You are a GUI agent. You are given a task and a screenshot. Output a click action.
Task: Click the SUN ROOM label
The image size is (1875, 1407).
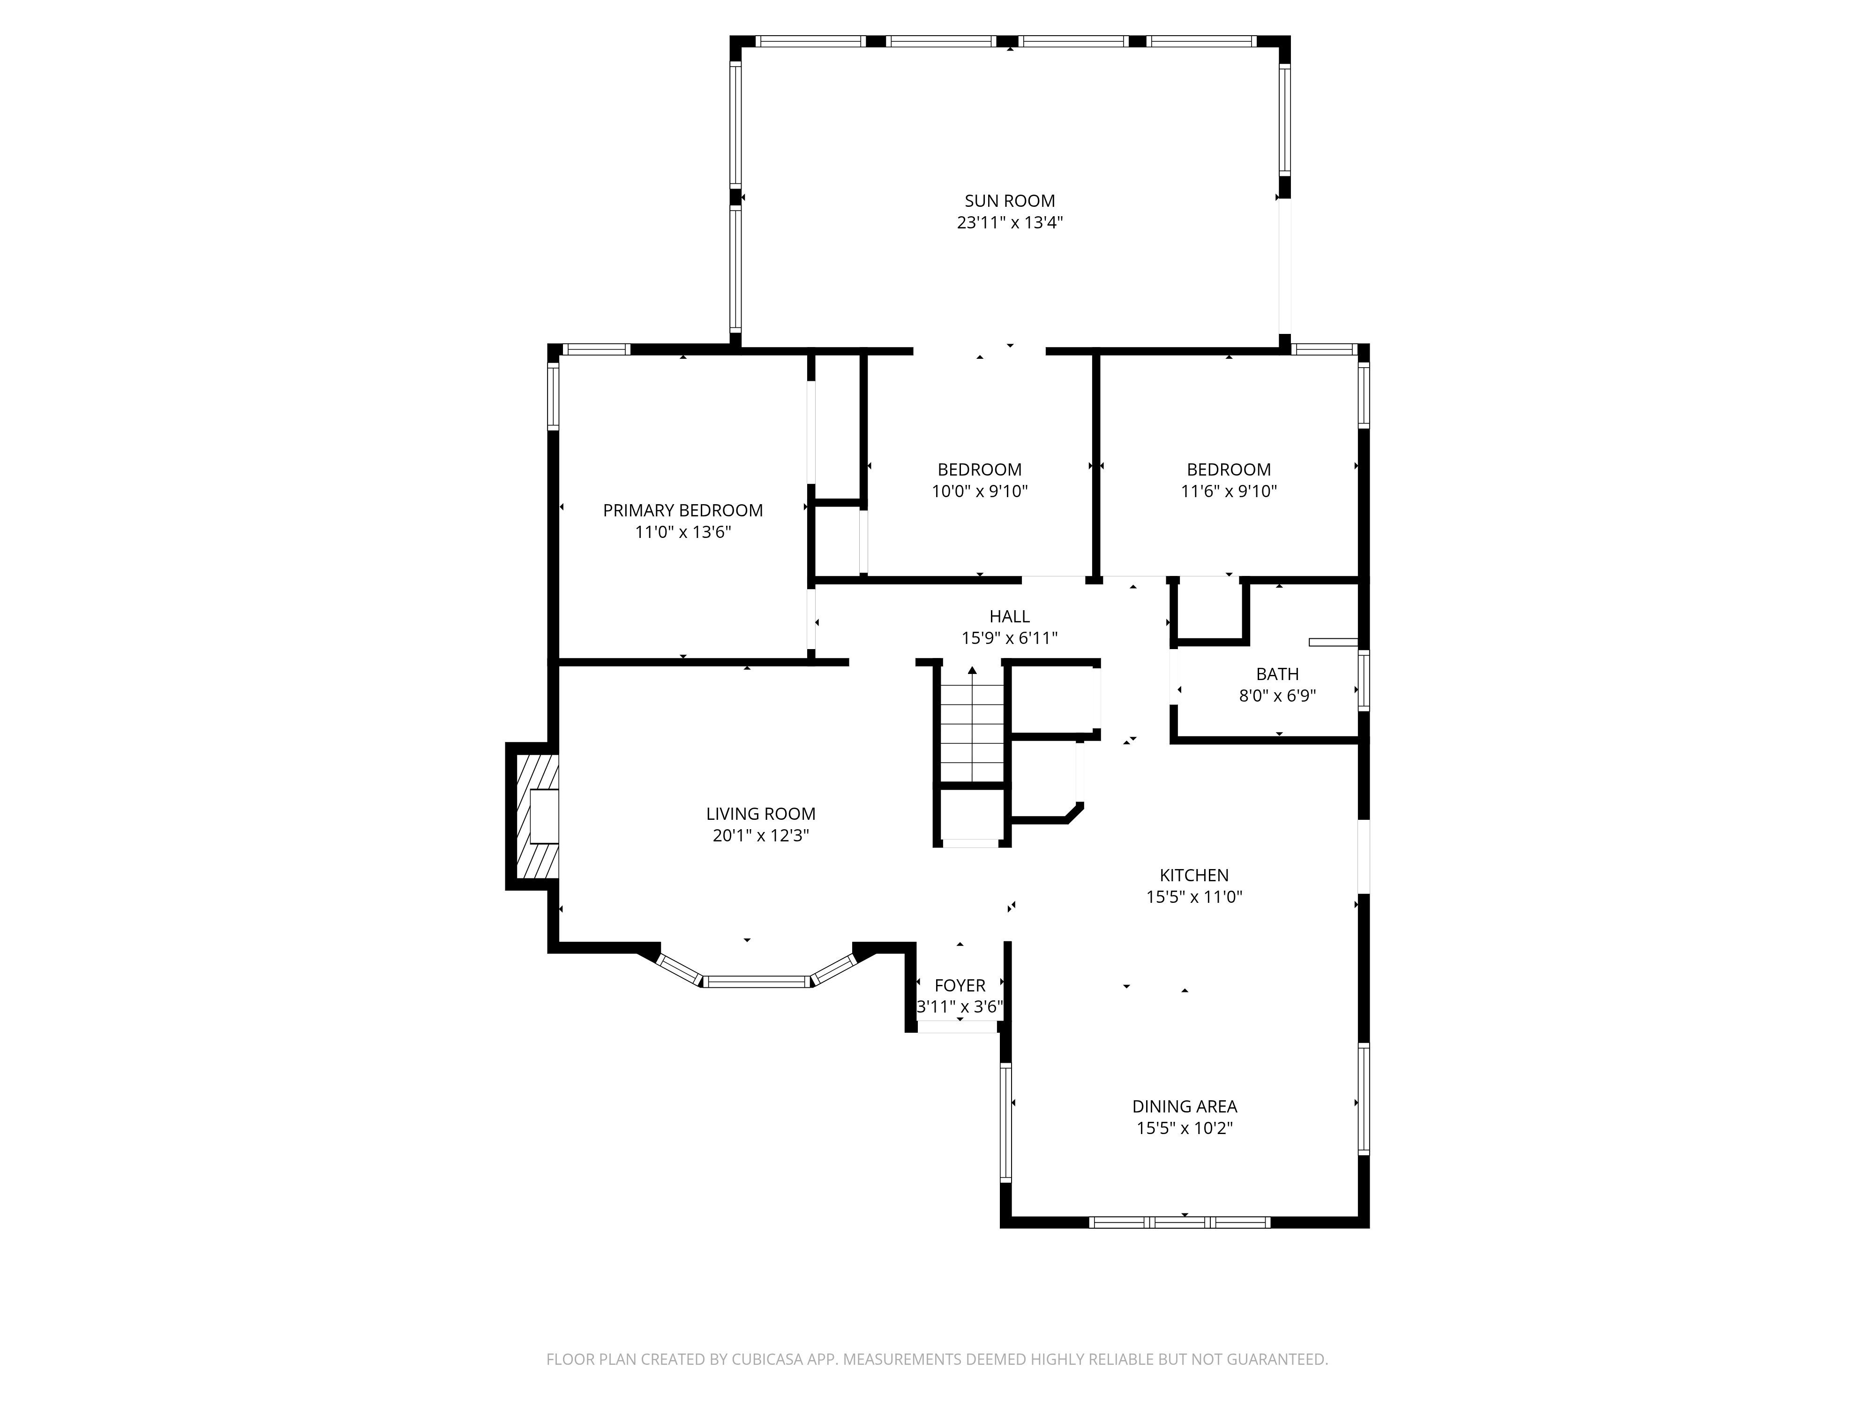click(1010, 201)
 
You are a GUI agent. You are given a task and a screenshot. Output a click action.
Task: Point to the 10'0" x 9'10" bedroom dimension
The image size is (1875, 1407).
click(979, 491)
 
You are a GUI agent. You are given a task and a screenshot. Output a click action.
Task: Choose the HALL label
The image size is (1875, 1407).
click(1010, 617)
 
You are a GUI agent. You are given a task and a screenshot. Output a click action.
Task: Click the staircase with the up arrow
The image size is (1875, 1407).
click(971, 725)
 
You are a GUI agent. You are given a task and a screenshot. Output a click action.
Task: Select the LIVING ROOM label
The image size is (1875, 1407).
click(760, 814)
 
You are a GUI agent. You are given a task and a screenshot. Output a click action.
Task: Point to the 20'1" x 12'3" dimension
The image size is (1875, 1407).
click(760, 835)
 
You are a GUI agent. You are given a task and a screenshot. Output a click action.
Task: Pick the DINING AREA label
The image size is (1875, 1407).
click(1184, 1107)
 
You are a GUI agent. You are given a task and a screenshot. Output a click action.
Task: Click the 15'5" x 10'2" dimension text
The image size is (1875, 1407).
click(1184, 1128)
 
